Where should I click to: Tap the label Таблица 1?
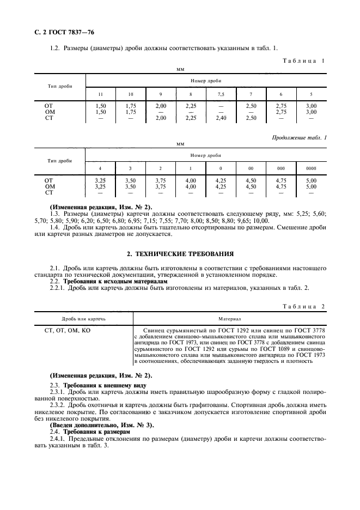point(303,60)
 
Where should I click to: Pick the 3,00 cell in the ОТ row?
point(311,106)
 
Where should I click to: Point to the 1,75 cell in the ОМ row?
point(130,112)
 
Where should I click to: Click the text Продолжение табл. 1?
point(299,138)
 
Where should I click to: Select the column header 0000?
point(311,168)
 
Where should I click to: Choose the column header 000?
point(281,168)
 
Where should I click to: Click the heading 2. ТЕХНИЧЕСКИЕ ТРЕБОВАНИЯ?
point(180,253)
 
